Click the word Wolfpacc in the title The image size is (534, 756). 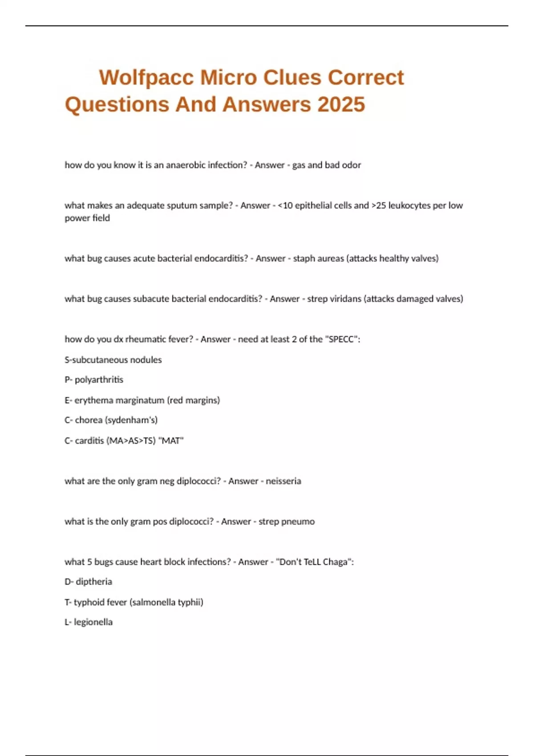point(146,78)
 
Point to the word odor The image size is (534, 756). point(351,165)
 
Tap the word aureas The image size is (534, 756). point(329,258)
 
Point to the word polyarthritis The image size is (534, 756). point(99,380)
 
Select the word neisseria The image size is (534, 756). point(283,481)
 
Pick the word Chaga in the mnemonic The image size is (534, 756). point(336,562)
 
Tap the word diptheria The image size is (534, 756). point(94,582)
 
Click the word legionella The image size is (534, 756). point(93,622)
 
